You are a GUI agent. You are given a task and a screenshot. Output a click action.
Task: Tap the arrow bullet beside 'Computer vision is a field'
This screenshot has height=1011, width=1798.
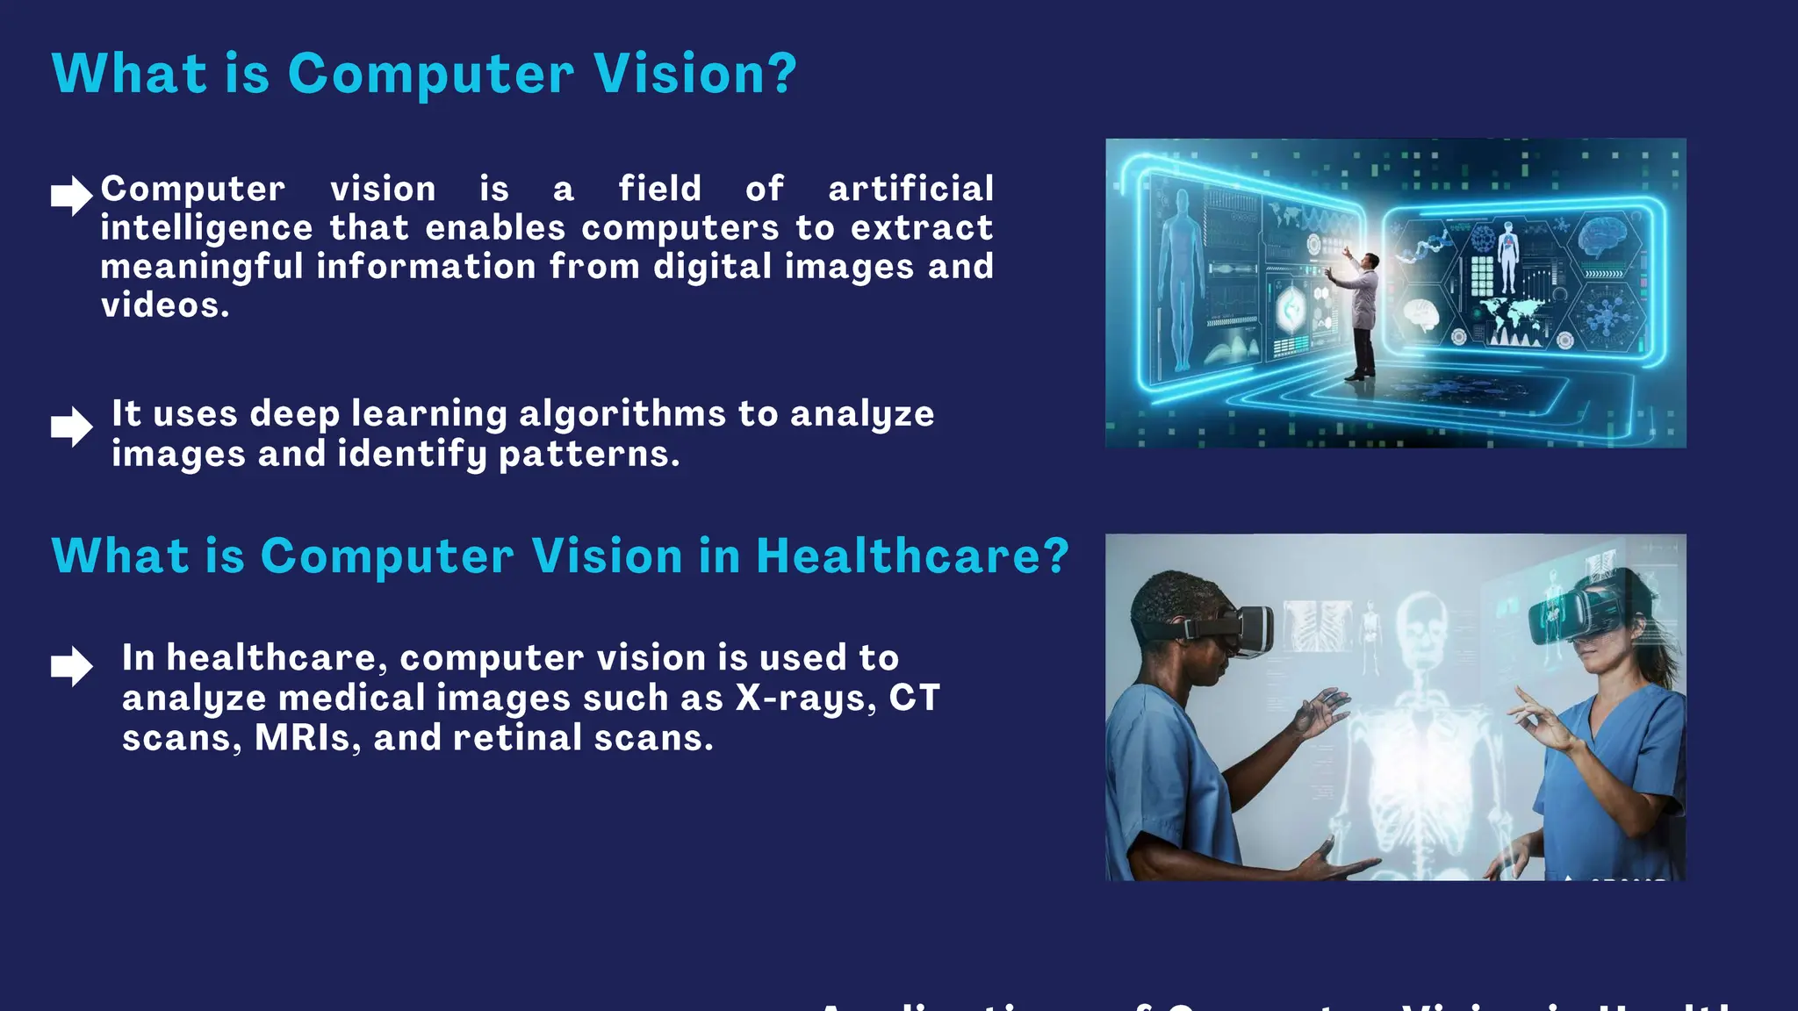pos(71,196)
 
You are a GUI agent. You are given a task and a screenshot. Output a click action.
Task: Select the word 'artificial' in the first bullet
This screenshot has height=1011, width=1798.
pos(910,189)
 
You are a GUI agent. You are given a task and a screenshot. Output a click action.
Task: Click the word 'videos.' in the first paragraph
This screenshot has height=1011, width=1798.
pos(165,305)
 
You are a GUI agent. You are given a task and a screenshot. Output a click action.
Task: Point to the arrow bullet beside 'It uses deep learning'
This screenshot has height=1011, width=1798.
pos(71,427)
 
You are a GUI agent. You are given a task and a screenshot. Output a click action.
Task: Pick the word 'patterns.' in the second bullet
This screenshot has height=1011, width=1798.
pos(589,454)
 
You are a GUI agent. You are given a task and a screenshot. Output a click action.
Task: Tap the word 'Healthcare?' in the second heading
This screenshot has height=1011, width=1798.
pos(911,556)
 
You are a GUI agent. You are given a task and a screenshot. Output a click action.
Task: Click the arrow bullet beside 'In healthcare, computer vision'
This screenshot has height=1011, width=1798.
pos(71,666)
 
